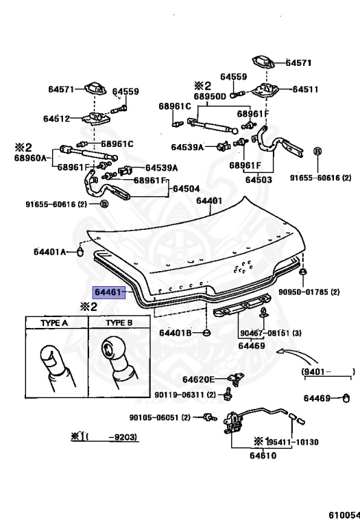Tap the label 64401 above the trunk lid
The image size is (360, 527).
point(209,200)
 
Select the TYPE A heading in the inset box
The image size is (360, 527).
point(54,323)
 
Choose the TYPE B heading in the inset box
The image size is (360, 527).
point(119,323)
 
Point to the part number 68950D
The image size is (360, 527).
point(210,97)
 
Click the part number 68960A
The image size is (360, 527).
point(30,158)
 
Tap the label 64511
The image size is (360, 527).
point(305,89)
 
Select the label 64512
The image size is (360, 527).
point(56,119)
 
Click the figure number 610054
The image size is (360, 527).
point(344,515)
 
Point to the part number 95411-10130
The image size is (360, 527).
point(293,442)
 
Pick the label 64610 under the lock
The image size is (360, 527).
point(263,456)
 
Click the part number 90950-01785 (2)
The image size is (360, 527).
point(309,292)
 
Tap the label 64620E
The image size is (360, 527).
point(198,379)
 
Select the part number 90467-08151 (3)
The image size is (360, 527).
point(271,333)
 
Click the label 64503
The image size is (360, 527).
point(259,180)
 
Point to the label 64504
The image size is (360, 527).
point(186,189)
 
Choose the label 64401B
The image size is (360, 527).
point(175,333)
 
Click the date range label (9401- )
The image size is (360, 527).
point(328,371)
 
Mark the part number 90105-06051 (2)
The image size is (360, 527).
point(160,417)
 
